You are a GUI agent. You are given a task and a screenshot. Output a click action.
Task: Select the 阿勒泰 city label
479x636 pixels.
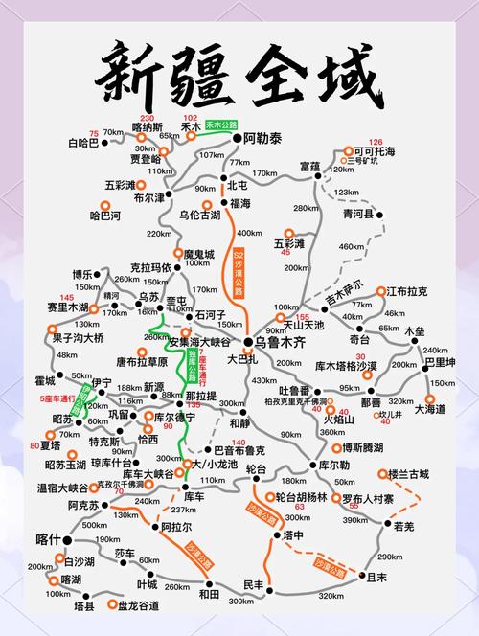pos(263,139)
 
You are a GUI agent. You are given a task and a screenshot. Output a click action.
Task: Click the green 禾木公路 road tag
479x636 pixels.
pos(221,125)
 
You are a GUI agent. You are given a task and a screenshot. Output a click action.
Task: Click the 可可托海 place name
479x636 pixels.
pos(375,151)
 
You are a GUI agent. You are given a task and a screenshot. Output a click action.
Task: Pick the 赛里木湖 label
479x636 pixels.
pos(66,307)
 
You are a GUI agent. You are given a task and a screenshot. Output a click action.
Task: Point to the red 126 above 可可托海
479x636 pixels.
pos(376,141)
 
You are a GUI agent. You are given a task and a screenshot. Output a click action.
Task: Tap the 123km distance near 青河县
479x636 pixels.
pos(346,193)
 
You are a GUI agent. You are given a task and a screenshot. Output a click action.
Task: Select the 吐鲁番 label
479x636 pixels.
pos(294,390)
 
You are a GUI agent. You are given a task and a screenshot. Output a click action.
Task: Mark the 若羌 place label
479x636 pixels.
pos(403,526)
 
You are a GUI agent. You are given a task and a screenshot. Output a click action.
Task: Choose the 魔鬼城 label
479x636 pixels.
pos(199,254)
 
